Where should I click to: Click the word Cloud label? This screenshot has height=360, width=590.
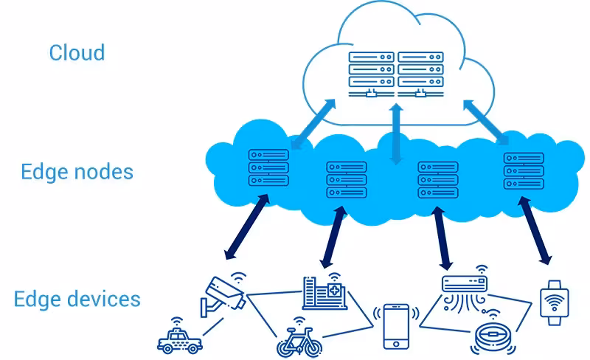coord(77,53)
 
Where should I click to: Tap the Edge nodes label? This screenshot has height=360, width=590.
coord(77,172)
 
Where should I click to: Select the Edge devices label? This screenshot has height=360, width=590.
coord(77,299)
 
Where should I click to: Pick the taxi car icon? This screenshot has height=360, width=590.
coord(178,339)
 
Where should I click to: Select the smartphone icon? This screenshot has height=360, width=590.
coord(396,325)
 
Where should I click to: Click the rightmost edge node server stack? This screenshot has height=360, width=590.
coord(524,170)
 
